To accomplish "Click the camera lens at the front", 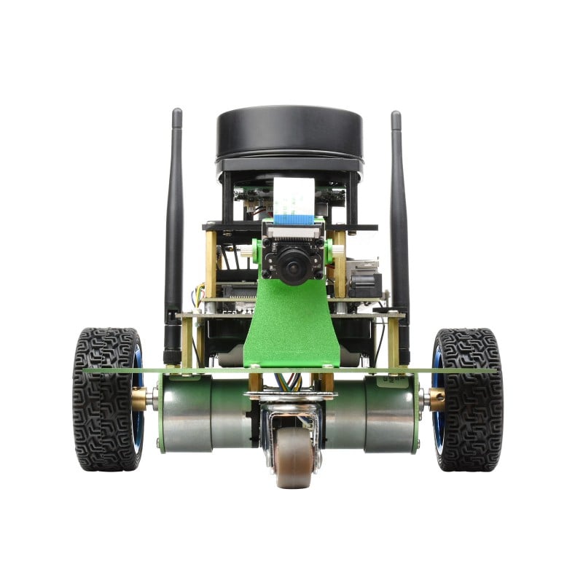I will [x=292, y=266].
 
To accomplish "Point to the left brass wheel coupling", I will [x=139, y=398].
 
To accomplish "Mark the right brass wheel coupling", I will [x=437, y=398].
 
